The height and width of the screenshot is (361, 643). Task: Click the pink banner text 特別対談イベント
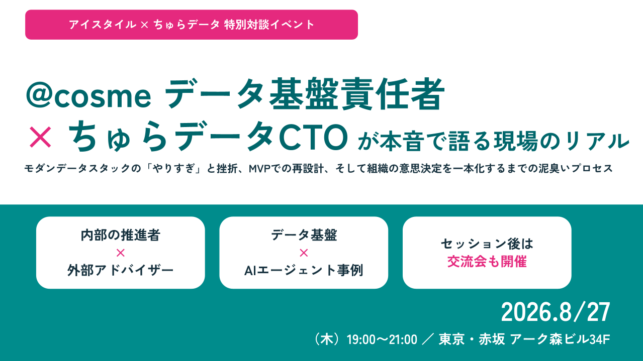click(269, 25)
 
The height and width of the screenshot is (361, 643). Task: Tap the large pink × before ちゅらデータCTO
click(40, 138)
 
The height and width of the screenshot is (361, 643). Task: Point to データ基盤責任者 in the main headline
click(305, 93)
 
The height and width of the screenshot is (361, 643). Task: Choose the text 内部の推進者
click(121, 235)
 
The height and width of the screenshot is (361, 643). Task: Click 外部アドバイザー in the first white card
click(121, 271)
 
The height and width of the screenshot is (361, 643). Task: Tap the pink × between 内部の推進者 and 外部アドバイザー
click(121, 253)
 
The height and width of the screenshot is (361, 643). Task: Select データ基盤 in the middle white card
click(304, 235)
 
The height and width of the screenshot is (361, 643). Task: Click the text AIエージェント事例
click(304, 271)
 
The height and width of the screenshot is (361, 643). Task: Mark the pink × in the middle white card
click(304, 253)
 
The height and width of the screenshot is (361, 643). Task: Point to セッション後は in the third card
click(487, 244)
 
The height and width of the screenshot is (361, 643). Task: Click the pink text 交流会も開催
click(487, 262)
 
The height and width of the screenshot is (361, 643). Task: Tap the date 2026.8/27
click(556, 312)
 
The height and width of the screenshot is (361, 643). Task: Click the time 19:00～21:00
click(382, 340)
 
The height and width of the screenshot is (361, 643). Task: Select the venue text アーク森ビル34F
click(560, 339)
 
